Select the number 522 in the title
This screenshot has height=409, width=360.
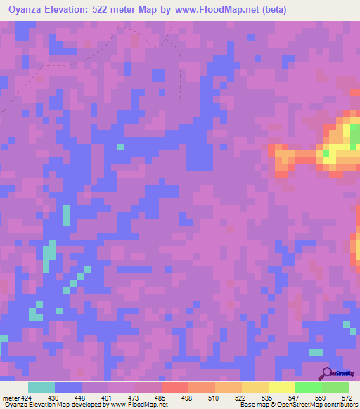click(127, 10)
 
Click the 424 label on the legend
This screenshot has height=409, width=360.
click(26, 398)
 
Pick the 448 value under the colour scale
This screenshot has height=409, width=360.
click(79, 398)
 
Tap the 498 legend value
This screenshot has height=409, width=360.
click(186, 398)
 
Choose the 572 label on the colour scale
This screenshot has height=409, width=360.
click(346, 398)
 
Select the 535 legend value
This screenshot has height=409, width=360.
click(266, 398)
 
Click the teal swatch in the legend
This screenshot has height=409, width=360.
click(41, 387)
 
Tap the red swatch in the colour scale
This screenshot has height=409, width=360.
click(174, 387)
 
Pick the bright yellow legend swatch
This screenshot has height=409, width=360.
click(281, 387)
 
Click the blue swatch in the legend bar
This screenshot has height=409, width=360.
click(68, 387)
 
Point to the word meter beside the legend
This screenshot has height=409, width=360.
click(9, 398)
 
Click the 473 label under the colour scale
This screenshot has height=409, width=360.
click(133, 398)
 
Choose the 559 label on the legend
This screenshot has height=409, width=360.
click(320, 398)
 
